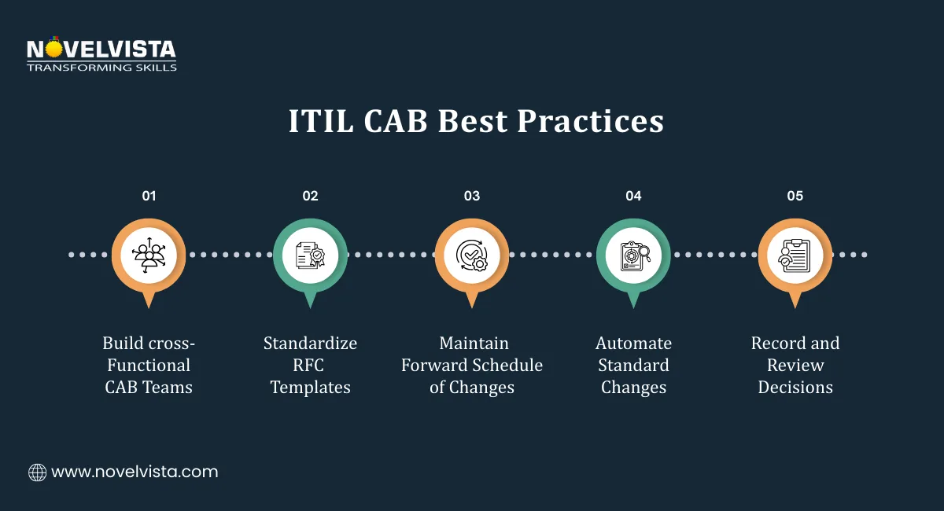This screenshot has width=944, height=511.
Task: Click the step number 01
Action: tap(149, 196)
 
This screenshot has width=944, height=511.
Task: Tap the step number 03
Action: tap(472, 196)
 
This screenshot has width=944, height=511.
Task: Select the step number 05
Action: tap(795, 196)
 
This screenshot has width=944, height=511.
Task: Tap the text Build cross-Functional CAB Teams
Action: tap(149, 365)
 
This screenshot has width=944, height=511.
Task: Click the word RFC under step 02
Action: tap(310, 365)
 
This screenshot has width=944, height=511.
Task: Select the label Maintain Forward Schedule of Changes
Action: tap(472, 365)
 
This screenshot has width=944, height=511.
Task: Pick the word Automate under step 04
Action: tap(633, 344)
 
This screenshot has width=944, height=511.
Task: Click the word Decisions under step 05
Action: tap(795, 387)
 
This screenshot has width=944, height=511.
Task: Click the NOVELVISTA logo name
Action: tap(101, 50)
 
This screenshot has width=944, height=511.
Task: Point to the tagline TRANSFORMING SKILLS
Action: tap(101, 68)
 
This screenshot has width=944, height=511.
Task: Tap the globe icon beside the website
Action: tap(37, 472)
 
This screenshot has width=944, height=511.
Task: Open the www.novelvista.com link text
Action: tap(135, 472)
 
